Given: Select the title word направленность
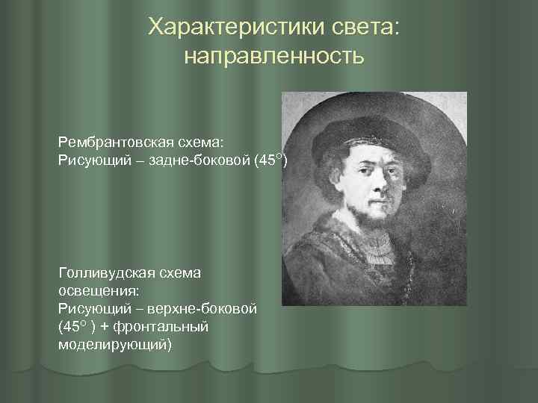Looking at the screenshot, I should pos(273,57).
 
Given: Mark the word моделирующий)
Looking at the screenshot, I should pos(114,344).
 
